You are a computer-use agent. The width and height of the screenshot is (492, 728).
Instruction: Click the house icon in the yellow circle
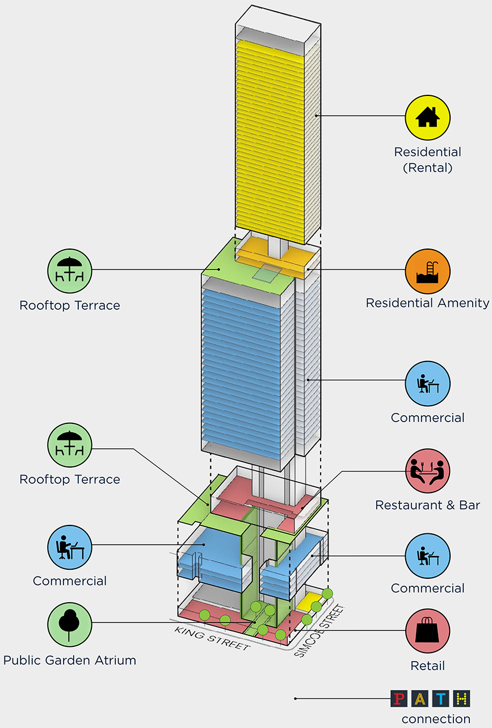point(427,117)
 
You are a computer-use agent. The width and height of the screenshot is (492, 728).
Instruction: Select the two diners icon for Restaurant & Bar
point(427,472)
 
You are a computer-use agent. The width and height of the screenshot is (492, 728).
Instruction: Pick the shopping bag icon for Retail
point(427,633)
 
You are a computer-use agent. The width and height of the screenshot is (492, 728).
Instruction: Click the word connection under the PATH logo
point(435,719)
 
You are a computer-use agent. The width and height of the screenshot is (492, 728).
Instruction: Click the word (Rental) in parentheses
point(427,168)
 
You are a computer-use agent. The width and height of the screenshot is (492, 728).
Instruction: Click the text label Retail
point(427,666)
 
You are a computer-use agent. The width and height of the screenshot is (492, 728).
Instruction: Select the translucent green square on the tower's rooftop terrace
point(266,274)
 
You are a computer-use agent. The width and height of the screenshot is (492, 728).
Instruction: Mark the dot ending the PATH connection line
point(295,698)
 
